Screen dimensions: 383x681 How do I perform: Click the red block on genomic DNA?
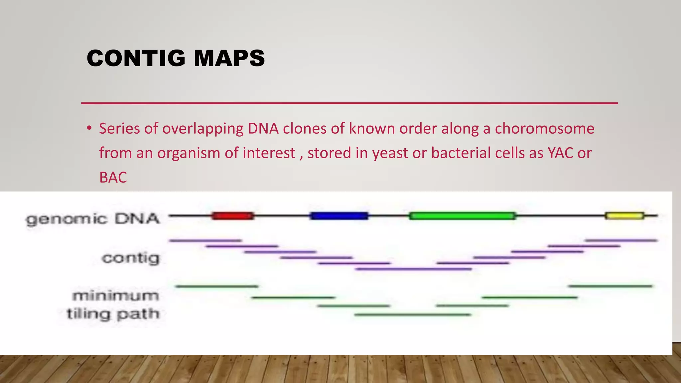233,216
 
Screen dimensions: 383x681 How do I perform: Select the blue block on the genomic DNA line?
339,216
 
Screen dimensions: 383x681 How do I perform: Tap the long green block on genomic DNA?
463,216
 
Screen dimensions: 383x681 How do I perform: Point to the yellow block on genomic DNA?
624,216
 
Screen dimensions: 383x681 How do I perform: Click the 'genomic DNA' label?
93,219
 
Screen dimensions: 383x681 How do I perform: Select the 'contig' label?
131,258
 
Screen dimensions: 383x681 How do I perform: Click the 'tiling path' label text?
113,314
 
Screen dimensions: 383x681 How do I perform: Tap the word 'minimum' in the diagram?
116,296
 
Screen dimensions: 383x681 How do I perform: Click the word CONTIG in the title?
136,58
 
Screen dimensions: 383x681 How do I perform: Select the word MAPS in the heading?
229,58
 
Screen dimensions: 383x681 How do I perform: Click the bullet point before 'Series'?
89,128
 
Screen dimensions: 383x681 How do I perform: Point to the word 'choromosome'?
544,128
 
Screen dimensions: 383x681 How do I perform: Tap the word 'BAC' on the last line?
113,177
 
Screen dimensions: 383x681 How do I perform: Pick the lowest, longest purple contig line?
413,269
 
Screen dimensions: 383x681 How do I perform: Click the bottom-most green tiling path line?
413,315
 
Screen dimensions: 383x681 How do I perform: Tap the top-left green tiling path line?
217,286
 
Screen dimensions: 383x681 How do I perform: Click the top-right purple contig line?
621,240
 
